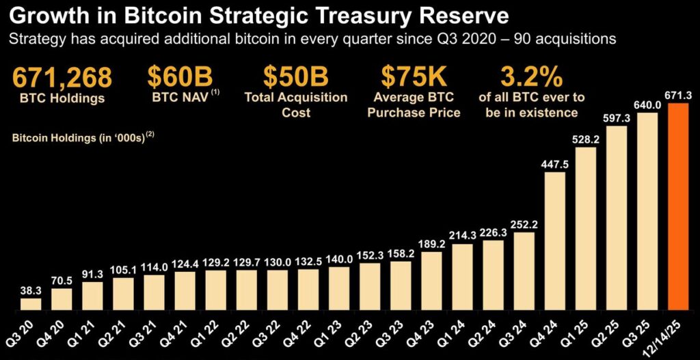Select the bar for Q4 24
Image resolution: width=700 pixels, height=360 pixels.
(x=555, y=240)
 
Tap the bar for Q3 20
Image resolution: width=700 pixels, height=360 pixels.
(x=31, y=303)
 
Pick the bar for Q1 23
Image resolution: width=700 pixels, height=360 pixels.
(x=339, y=288)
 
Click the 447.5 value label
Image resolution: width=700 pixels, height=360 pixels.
(x=555, y=162)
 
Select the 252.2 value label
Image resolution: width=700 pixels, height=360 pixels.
(x=524, y=223)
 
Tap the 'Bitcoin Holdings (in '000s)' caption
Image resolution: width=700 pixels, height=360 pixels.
(x=77, y=138)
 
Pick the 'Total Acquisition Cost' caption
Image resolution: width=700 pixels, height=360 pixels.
(x=295, y=105)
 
